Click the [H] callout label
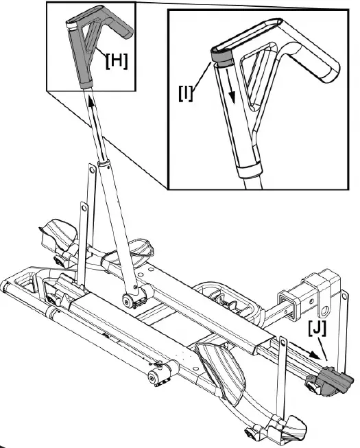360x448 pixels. coord(116,61)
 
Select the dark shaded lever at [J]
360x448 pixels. coord(328,381)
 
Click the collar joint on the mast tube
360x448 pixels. coord(104,165)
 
